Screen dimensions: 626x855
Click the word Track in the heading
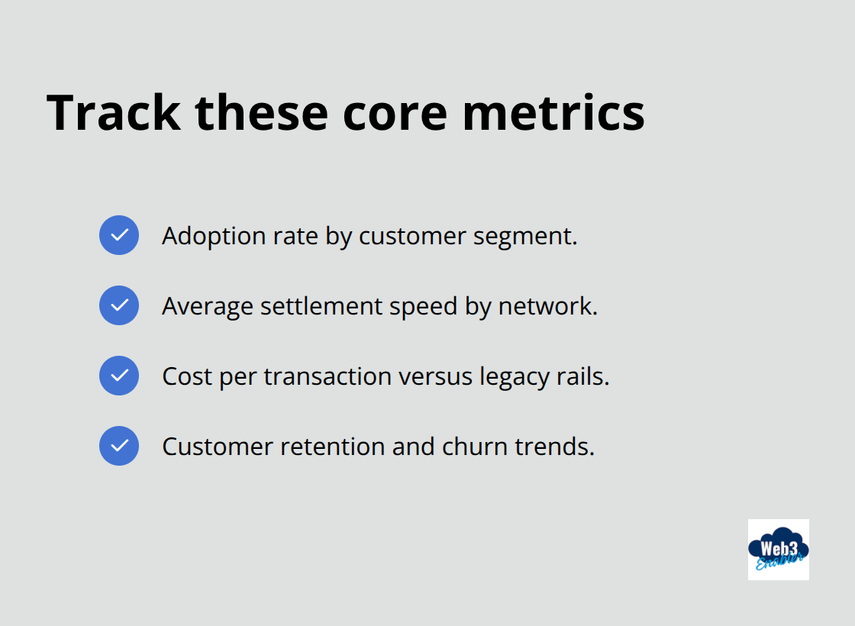point(114,112)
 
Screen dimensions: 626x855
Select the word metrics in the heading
point(553,112)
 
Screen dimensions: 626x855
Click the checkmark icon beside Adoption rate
point(119,235)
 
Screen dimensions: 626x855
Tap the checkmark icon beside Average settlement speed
point(119,305)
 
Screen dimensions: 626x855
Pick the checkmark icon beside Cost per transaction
point(119,376)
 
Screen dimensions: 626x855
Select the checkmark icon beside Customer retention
point(119,446)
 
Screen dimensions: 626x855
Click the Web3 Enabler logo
point(778,550)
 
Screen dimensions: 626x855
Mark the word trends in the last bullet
point(554,447)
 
